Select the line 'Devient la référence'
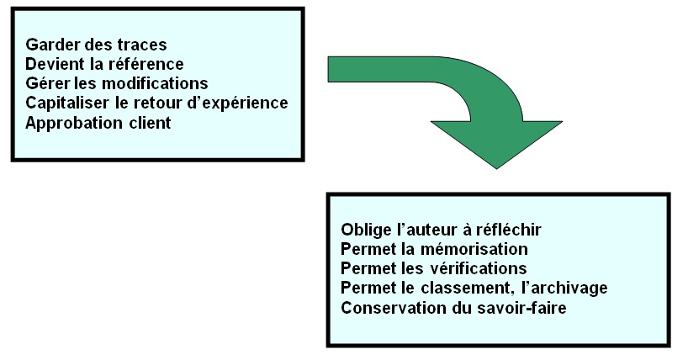point(104,63)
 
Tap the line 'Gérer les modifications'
point(117,83)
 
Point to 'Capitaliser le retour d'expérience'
point(156,103)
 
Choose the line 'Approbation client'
point(98,123)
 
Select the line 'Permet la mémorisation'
point(434,249)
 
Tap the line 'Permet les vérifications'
point(434,268)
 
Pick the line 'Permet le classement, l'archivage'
point(474,289)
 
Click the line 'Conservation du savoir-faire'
point(453,308)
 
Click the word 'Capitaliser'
point(66,103)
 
